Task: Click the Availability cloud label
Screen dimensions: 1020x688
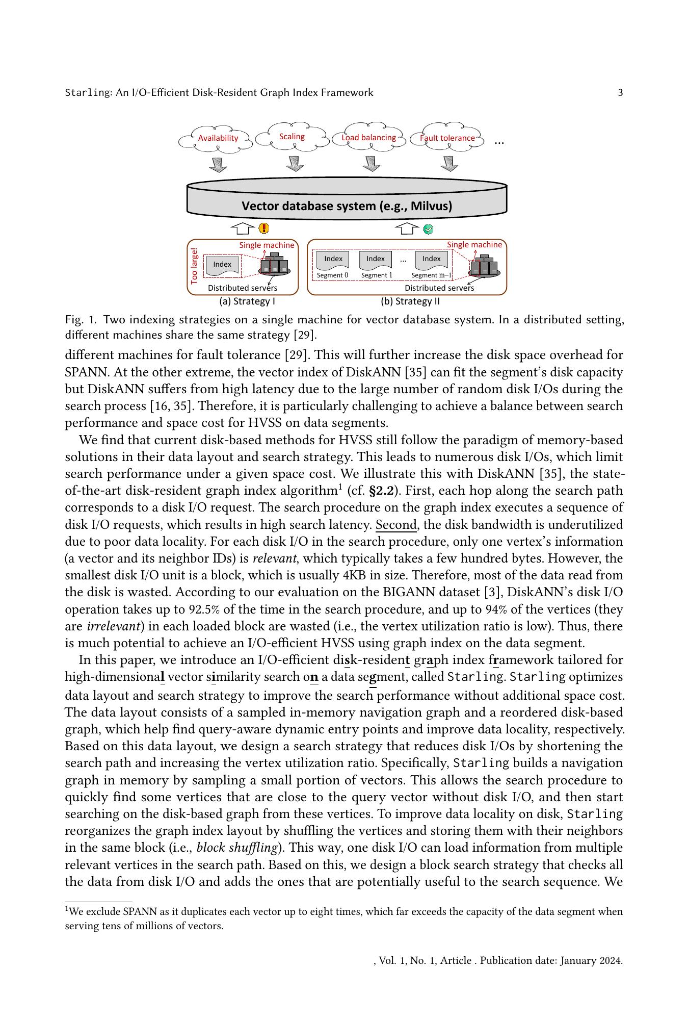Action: coord(218,138)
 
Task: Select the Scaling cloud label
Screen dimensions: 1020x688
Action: coord(292,137)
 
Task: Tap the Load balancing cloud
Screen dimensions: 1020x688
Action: coord(368,138)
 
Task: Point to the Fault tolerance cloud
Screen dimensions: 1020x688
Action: coord(447,138)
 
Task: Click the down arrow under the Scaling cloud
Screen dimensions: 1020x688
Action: coord(295,164)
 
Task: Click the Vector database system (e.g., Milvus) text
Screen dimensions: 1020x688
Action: coord(347,206)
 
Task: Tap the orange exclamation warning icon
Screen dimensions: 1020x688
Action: coord(264,228)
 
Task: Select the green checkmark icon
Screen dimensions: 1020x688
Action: coord(428,229)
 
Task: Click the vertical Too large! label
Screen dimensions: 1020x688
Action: coord(194,266)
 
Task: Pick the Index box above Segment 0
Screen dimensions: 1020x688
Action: coord(333,259)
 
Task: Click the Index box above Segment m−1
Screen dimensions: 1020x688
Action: coord(431,259)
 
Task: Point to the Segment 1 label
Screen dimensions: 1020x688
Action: coord(377,275)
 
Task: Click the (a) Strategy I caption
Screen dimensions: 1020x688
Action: coord(247,301)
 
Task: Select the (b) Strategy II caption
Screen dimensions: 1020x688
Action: coord(410,301)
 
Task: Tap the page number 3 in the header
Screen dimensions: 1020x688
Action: coord(620,93)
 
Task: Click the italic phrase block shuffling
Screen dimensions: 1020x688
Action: coord(237,848)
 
